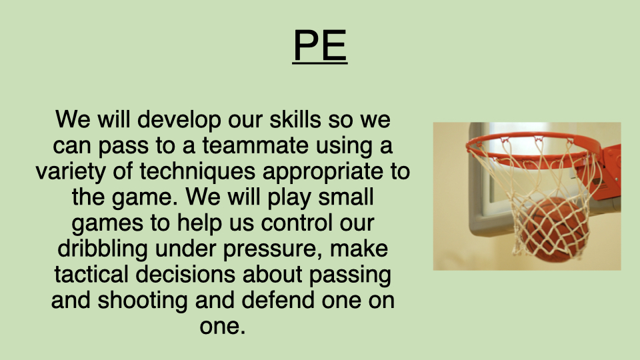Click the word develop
179,120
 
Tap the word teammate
255,146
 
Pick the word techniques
197,171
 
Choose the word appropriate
323,171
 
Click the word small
346,197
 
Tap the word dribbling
103,249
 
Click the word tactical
91,274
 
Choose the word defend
278,300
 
